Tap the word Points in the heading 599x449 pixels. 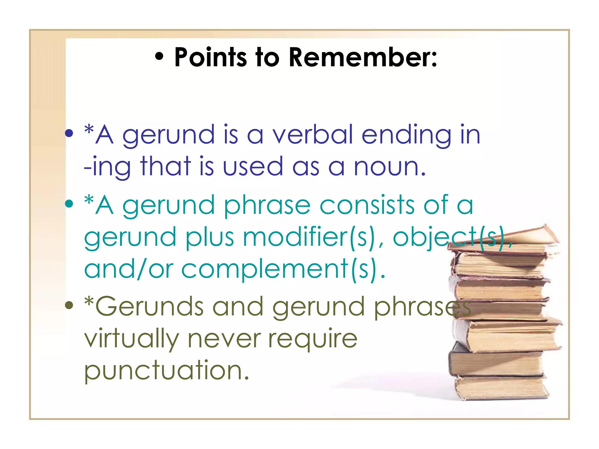coord(211,57)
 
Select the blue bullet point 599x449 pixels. coord(69,134)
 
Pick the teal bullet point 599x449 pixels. coord(69,204)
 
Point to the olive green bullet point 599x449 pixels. coord(69,305)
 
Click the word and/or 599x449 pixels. coord(129,269)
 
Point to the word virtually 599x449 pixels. coord(132,339)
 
